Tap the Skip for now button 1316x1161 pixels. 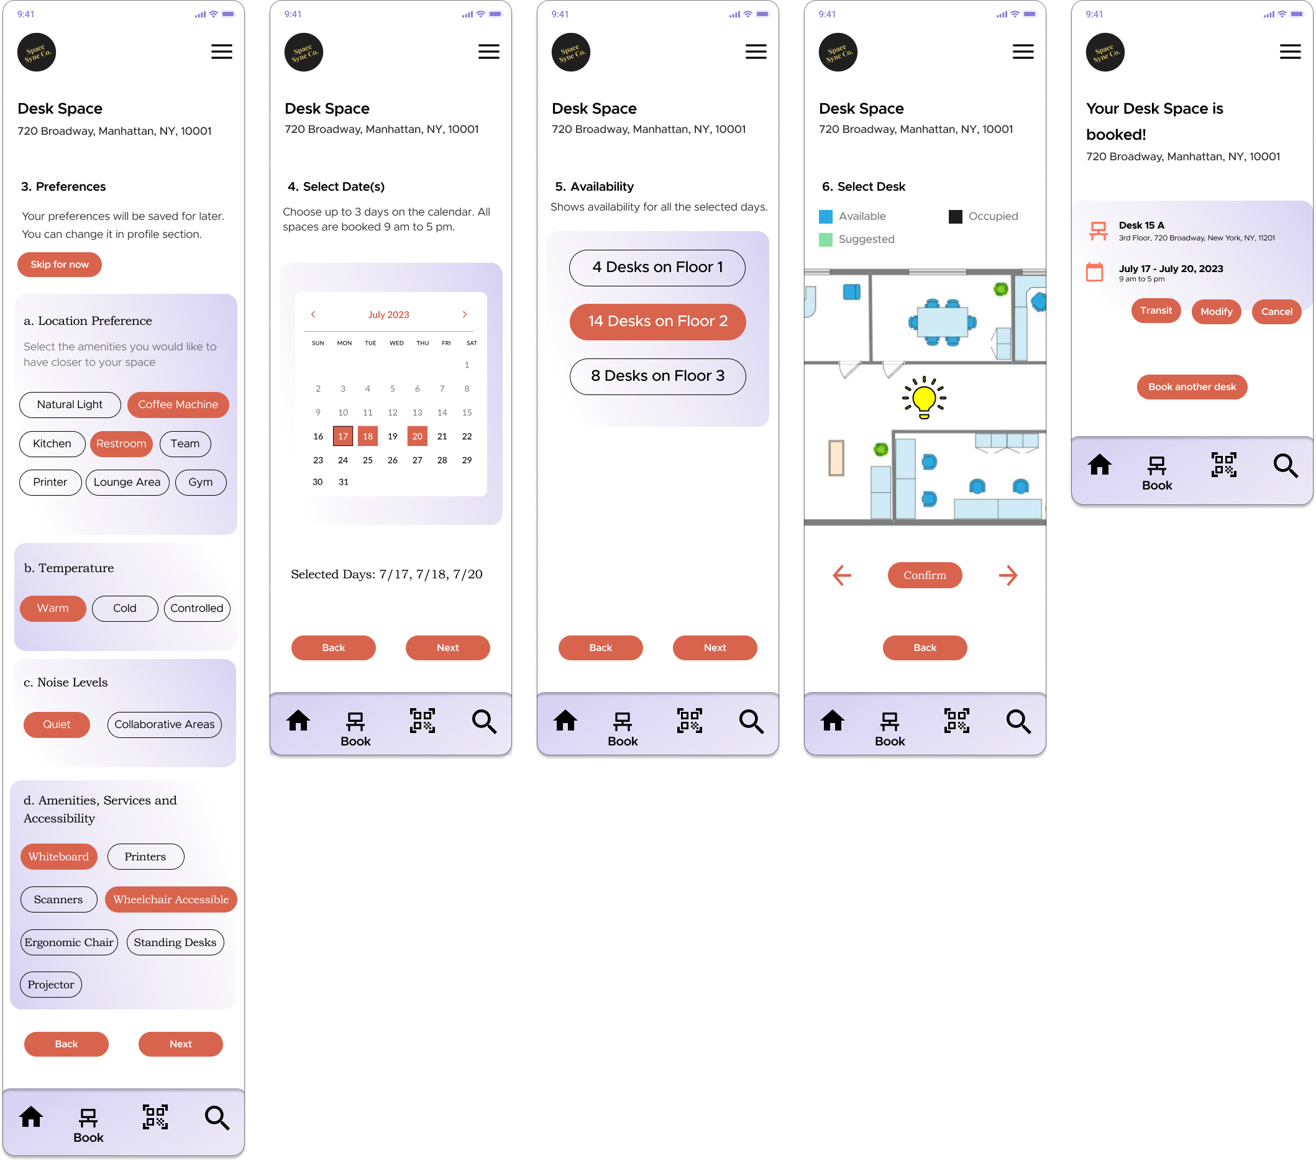point(59,265)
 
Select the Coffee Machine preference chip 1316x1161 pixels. point(178,405)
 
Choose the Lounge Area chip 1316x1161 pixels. point(127,483)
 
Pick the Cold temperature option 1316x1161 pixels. point(124,609)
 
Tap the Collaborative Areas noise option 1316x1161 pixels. point(164,725)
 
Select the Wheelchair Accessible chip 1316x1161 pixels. point(171,899)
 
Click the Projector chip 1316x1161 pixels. point(51,985)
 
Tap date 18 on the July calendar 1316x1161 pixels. point(368,436)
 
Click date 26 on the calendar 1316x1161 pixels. point(392,460)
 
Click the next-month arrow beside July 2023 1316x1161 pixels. point(464,315)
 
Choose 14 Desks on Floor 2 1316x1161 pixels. point(657,322)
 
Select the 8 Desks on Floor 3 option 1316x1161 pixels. point(657,376)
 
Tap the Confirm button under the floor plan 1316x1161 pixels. point(925,575)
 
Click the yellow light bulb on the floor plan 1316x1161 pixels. point(924,398)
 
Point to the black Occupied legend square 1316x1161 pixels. point(956,217)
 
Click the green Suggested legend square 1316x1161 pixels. point(825,240)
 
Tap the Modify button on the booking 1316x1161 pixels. point(1216,312)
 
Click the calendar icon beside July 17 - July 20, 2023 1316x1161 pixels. point(1095,272)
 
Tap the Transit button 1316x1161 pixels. point(1156,311)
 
